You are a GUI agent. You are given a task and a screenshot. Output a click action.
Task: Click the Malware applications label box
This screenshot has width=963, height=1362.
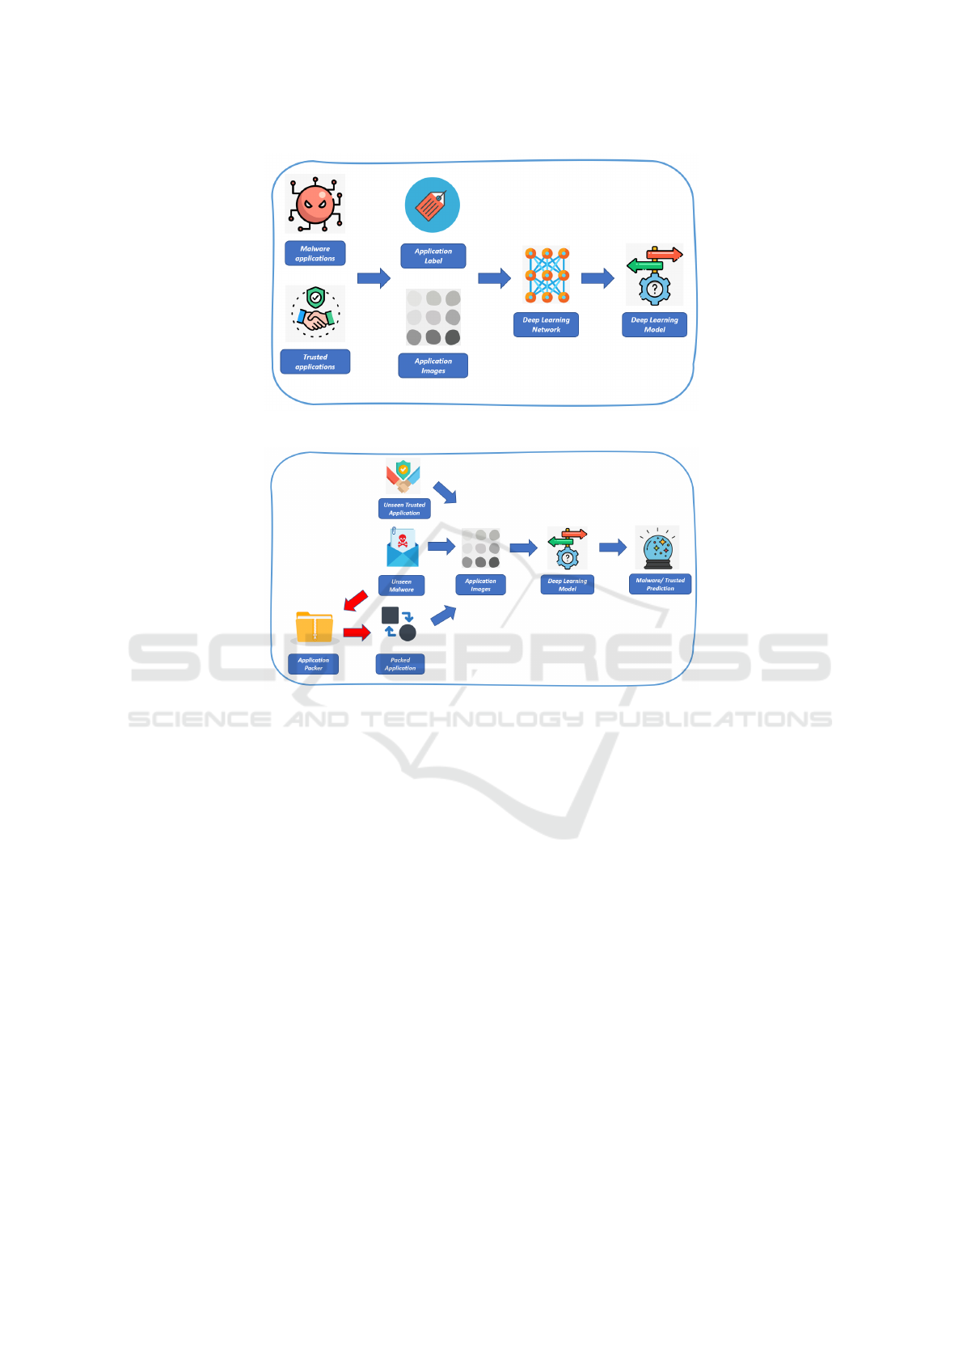315,253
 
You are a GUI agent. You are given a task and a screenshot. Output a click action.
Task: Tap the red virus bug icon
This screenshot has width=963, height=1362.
315,204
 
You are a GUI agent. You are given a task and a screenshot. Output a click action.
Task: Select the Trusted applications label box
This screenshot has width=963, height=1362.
315,362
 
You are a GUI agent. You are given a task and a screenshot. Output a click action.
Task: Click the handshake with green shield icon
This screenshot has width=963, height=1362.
315,313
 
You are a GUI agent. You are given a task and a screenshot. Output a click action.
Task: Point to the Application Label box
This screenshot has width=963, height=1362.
433,256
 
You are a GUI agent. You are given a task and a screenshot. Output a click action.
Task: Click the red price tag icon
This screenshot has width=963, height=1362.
433,205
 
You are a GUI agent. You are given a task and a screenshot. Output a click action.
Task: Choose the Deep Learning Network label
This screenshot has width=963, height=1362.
546,324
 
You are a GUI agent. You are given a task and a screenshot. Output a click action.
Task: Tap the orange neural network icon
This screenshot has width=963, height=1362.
547,275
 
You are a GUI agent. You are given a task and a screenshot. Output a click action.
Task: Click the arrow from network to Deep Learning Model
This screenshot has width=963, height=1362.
598,278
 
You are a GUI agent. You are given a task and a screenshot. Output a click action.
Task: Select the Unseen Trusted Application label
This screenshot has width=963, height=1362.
404,508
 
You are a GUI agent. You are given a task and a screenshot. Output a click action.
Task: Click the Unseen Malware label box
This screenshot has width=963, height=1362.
401,585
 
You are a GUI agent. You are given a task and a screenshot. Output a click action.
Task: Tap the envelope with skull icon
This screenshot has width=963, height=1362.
402,547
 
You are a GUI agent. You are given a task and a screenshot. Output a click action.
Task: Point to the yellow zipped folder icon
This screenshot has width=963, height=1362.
315,627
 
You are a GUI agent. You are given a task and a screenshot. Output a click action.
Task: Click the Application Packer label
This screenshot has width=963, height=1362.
313,663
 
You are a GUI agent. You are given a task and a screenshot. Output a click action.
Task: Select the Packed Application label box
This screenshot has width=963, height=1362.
400,663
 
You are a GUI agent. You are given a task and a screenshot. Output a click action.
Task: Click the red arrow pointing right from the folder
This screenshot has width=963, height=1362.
357,632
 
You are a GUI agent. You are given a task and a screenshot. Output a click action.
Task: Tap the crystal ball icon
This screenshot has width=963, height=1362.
657,548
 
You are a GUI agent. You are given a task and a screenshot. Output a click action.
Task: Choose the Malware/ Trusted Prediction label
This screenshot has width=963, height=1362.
661,584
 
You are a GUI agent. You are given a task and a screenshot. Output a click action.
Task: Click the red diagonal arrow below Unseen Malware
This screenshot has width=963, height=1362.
356,600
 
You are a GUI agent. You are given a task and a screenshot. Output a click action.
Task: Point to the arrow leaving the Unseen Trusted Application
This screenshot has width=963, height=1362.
445,493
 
